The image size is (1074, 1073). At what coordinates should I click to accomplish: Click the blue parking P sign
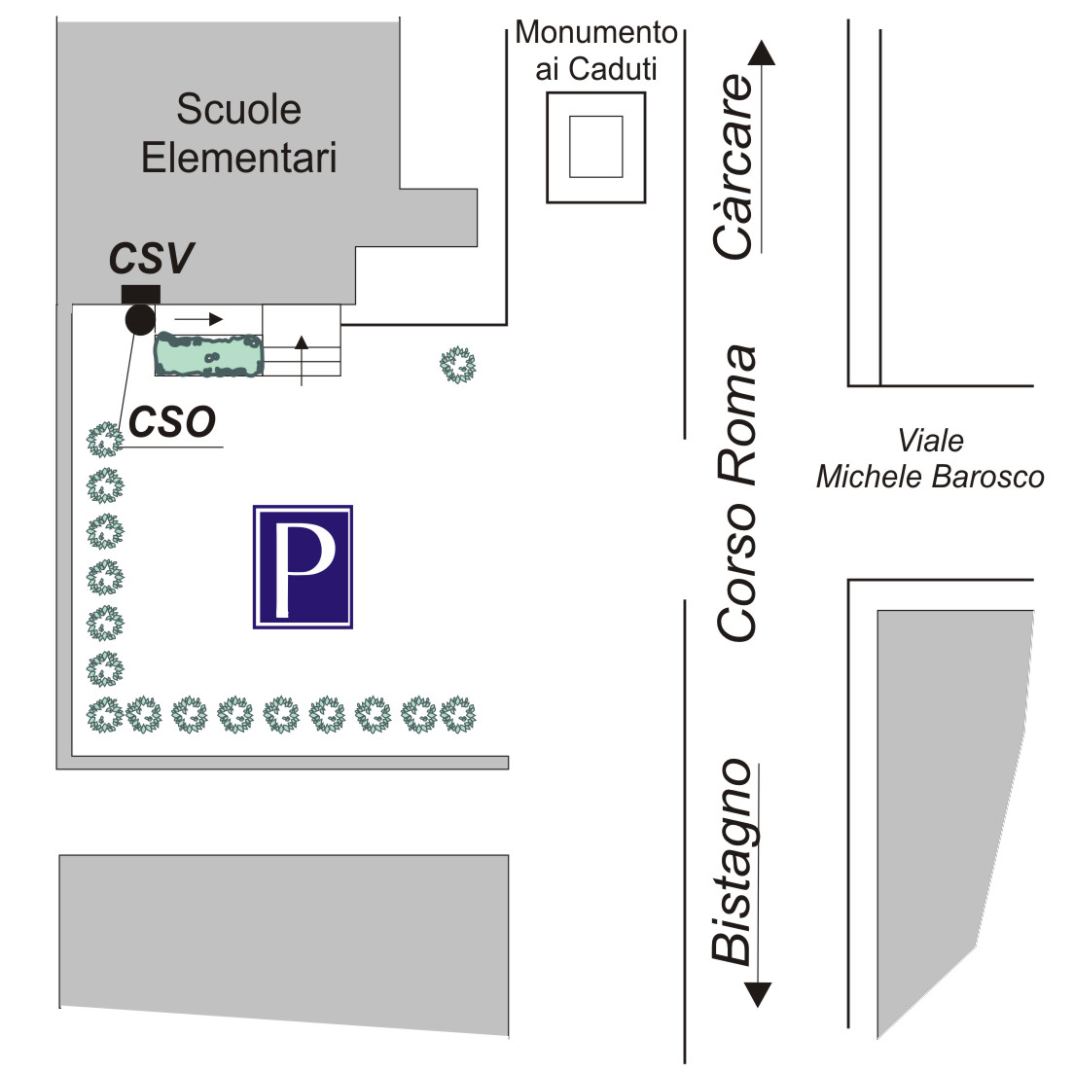click(303, 566)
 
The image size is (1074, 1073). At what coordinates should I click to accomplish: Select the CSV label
click(151, 259)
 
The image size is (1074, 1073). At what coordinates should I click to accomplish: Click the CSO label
click(172, 422)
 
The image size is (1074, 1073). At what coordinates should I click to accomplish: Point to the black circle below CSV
click(140, 319)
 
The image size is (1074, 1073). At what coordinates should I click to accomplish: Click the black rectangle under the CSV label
click(140, 294)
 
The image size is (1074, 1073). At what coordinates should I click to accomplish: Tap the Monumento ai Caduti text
click(595, 51)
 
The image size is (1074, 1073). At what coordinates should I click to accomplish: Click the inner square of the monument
click(595, 147)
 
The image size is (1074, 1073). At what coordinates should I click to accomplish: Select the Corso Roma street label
click(737, 492)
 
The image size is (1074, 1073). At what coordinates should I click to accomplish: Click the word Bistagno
click(733, 862)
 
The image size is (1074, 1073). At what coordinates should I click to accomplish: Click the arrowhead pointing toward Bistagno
click(758, 994)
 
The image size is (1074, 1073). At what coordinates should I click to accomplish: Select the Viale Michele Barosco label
click(930, 458)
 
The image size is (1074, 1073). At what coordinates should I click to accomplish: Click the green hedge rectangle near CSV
click(209, 355)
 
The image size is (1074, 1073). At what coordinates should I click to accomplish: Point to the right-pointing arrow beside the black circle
click(199, 318)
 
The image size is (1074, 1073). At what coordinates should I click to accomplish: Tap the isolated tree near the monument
click(457, 365)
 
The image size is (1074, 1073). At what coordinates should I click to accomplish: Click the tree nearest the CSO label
click(105, 440)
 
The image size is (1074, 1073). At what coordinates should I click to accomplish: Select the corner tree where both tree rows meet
click(105, 715)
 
